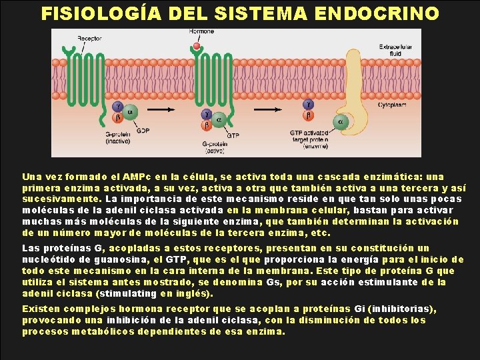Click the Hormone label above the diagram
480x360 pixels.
tap(201, 31)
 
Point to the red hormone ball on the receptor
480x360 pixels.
tap(197, 47)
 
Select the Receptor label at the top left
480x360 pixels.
tap(89, 39)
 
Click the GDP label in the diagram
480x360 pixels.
tap(143, 131)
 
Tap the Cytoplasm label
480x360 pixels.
tap(393, 105)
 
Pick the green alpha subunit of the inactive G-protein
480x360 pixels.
tap(130, 112)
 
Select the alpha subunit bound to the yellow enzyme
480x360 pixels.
tap(341, 121)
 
